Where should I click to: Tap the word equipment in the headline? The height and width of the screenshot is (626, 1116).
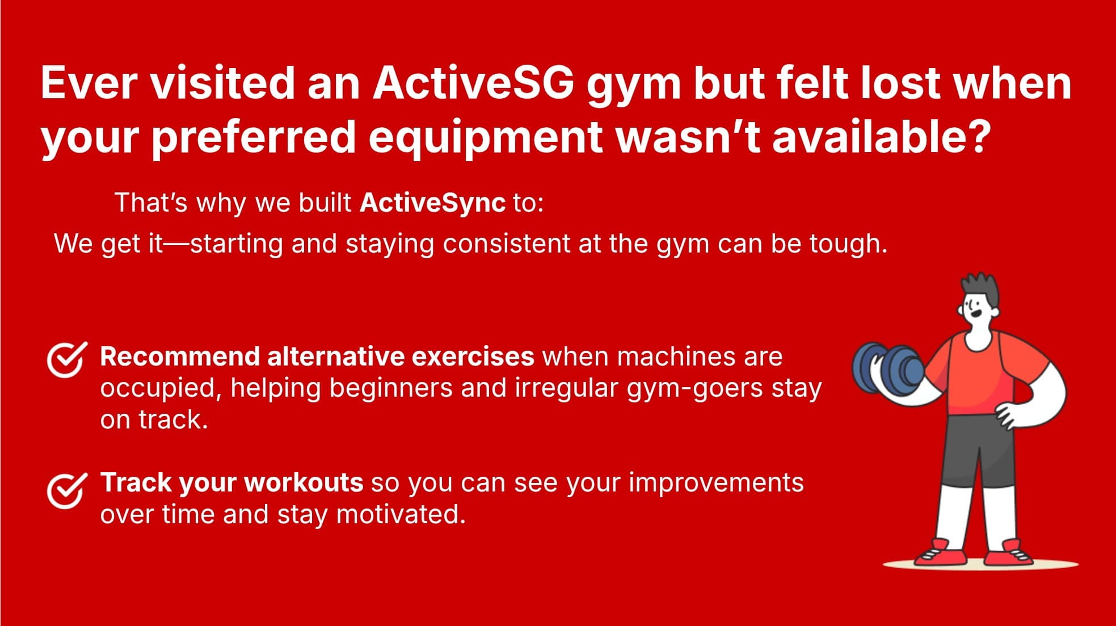[485, 137]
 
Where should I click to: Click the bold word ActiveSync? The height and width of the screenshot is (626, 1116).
[432, 203]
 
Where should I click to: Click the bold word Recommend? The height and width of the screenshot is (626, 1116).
[180, 357]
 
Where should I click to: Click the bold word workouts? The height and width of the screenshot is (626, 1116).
[304, 482]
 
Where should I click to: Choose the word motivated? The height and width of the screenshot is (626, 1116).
[400, 514]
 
